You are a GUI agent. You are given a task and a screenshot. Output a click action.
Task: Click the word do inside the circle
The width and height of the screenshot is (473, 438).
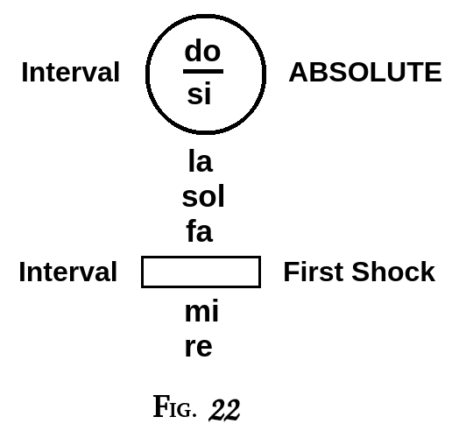pos(202,51)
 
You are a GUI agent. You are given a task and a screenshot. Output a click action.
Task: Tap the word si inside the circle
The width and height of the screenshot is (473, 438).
pos(199,95)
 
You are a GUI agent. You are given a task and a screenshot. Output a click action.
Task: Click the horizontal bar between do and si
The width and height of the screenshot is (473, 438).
pos(202,71)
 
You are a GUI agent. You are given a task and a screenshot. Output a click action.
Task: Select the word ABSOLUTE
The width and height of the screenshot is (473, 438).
pos(364,73)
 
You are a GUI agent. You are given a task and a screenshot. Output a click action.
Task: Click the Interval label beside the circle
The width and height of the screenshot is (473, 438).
pos(70,73)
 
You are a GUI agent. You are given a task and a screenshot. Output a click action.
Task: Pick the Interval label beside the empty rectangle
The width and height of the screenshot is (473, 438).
pos(67,272)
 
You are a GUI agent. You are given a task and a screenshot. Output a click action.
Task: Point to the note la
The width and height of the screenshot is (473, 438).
pos(200,161)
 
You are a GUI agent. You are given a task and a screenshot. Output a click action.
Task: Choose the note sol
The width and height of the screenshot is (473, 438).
pos(203,197)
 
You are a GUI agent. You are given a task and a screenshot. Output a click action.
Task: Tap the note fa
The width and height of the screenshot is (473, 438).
pos(199,232)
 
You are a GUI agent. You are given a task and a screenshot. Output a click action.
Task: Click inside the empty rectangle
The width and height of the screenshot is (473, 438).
pos(201,272)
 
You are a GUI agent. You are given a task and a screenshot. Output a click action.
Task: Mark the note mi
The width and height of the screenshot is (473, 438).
pos(201,312)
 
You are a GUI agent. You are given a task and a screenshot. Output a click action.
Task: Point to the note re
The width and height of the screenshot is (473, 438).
pos(199,347)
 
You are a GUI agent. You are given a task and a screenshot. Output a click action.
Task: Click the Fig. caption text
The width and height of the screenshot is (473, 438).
pos(175,407)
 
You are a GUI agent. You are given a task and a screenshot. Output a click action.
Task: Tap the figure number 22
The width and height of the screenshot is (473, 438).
pos(224,410)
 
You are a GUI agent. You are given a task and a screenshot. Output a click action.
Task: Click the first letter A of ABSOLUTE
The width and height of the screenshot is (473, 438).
pos(298,73)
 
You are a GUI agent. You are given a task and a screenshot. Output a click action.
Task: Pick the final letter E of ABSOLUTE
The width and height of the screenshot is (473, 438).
pos(433,73)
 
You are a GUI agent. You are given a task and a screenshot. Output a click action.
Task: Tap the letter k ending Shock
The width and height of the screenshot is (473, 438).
pos(427,272)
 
